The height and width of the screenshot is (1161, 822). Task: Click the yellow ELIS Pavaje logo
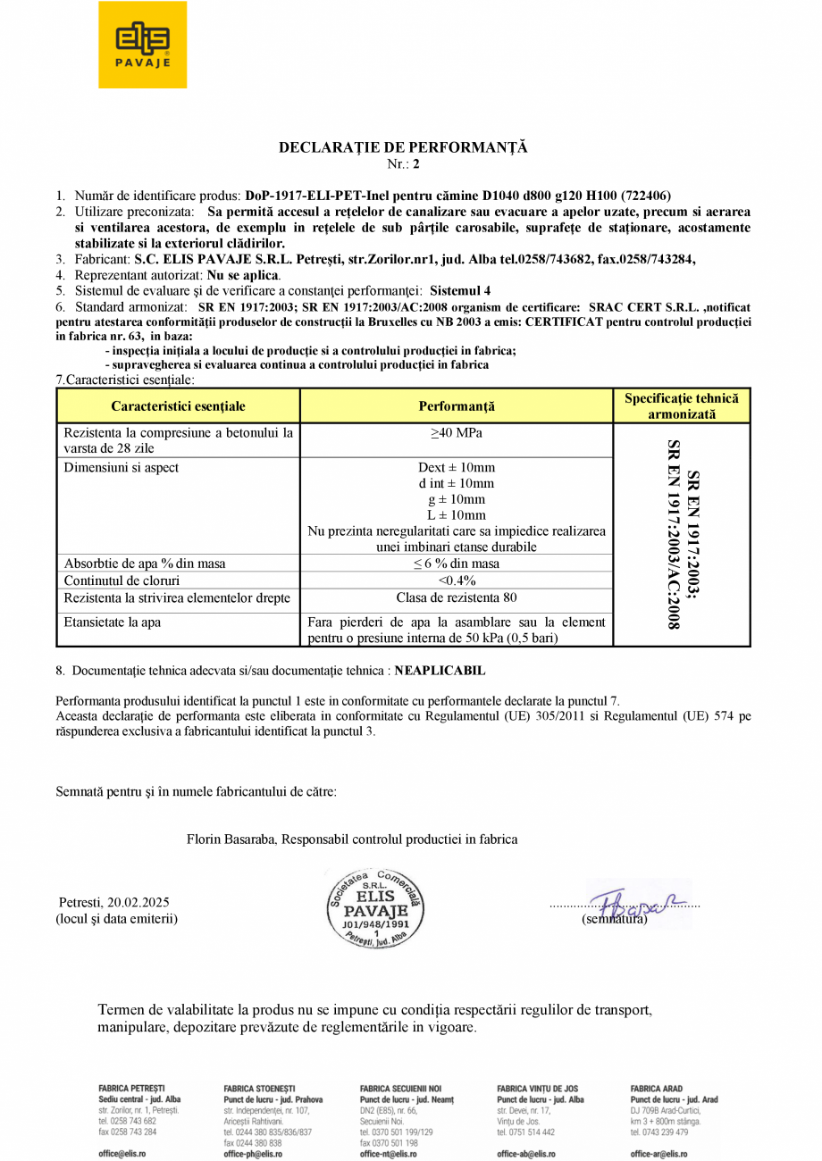pos(142,45)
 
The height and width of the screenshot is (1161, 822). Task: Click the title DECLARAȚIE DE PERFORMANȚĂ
pos(403,147)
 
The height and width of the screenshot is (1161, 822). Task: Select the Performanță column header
pos(456,406)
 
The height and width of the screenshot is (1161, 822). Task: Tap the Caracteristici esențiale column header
pos(178,406)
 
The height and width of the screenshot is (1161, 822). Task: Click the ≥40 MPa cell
pos(456,433)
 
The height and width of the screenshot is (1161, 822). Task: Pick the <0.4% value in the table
pos(456,580)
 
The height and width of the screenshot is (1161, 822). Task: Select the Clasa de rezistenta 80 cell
pos(456,597)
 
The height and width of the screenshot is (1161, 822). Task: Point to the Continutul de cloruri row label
pos(122,580)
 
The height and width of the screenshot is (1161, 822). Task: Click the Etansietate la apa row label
pos(113,622)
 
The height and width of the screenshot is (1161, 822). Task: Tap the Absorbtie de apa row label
pos(145,564)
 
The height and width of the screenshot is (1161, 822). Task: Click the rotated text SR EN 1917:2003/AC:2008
pos(675,534)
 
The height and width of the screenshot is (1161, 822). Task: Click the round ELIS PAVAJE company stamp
pos(374,908)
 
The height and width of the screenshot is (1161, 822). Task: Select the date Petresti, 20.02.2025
pos(114,902)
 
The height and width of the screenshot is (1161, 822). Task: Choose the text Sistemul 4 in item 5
pos(460,290)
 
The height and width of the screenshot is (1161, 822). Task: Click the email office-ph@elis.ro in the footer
pos(253,1154)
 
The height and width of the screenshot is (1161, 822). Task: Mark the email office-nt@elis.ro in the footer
pos(389,1154)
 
